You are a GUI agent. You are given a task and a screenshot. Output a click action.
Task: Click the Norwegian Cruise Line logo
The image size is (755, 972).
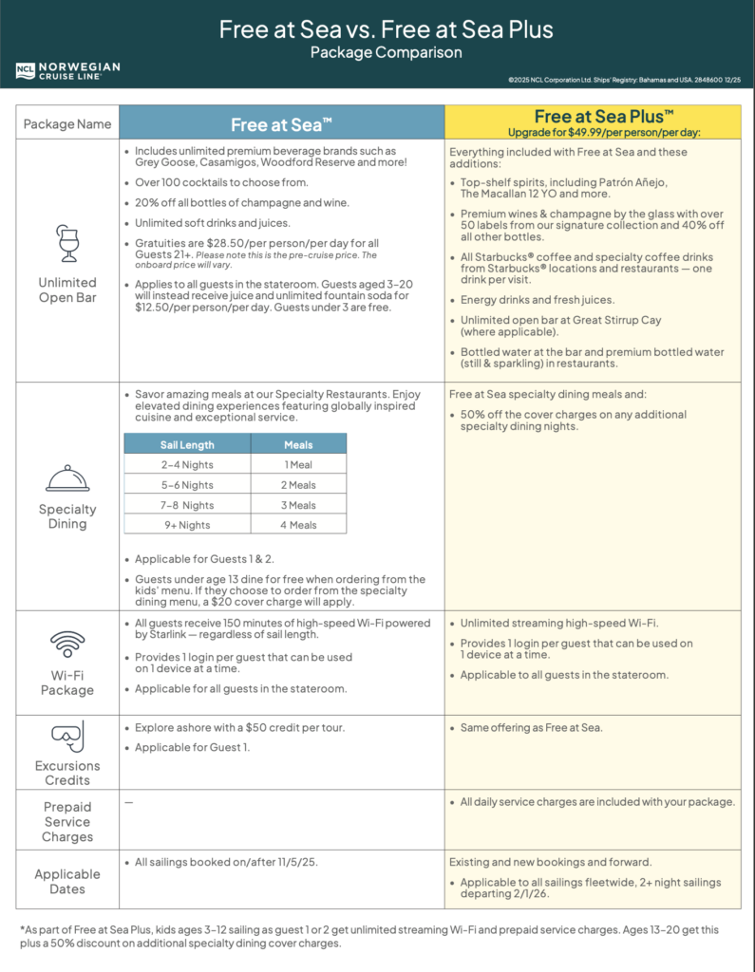point(67,70)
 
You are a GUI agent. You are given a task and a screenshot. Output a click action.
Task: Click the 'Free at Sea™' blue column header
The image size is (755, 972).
point(281,124)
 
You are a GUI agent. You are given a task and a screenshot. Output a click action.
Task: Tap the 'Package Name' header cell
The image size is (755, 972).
point(67,124)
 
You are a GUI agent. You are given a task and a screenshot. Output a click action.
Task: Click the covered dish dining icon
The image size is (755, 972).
point(67,477)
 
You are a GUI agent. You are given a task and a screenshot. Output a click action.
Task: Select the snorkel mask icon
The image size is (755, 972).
point(67,735)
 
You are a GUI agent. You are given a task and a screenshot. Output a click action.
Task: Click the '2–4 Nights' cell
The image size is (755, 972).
point(186,465)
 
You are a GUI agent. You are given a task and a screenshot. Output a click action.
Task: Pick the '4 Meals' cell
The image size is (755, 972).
point(299,524)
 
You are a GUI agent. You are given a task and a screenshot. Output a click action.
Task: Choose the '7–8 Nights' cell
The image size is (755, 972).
point(186,505)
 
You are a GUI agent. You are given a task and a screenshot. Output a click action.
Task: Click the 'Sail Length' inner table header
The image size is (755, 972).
point(187,444)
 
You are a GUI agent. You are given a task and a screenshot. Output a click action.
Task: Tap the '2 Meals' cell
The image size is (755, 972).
point(299,485)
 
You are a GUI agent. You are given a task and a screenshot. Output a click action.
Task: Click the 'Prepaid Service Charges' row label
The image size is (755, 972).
point(67,822)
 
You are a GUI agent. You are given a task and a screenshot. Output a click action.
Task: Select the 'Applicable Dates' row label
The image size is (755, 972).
point(67,882)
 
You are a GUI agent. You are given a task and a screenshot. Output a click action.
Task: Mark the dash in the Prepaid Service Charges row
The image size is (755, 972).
point(129,802)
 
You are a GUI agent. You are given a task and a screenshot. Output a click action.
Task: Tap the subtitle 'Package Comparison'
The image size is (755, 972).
point(386,52)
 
